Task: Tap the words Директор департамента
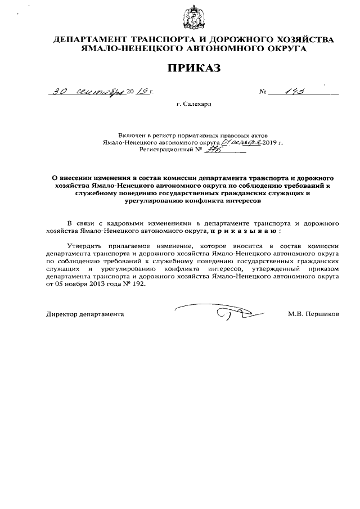tap(85, 314)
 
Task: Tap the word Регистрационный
tap(166, 151)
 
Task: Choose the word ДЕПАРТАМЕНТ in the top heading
tap(88, 39)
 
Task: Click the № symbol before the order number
tap(262, 92)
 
